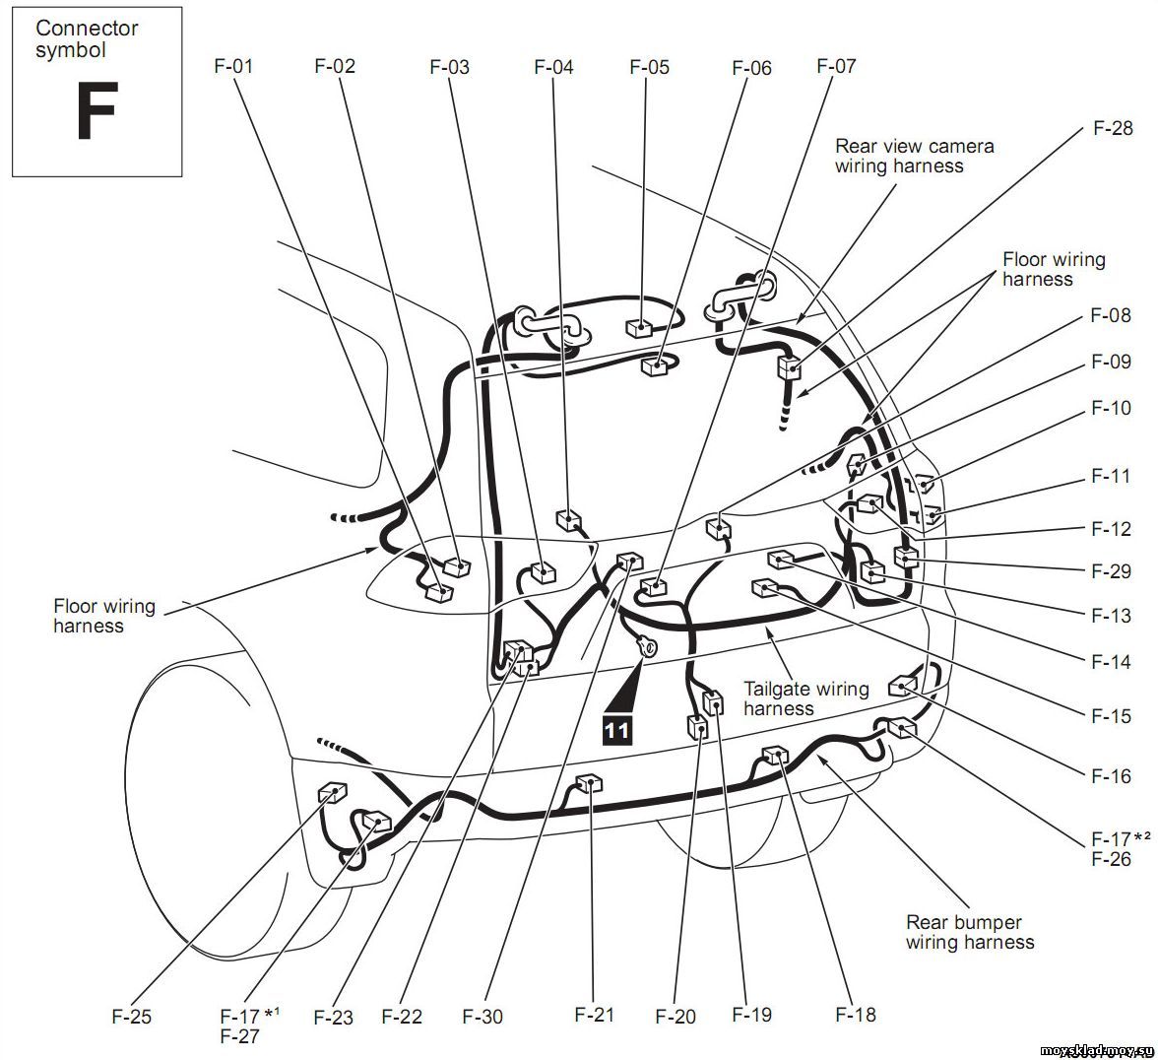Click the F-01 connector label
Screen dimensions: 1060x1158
tap(233, 67)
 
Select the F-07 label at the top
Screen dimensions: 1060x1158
tap(836, 66)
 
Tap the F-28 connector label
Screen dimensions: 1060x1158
tap(1113, 128)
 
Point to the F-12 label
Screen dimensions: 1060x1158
tap(1112, 529)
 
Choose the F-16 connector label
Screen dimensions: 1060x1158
tap(1112, 776)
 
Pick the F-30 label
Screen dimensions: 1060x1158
tap(482, 1016)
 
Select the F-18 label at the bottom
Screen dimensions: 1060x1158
tap(856, 1014)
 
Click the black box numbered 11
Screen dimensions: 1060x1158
tap(617, 729)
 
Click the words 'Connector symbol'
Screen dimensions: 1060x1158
tap(87, 38)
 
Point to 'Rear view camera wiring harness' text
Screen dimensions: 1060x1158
tap(914, 156)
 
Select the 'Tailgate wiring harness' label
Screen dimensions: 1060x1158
tap(805, 698)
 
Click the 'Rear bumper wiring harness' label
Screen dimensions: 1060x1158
tap(969, 932)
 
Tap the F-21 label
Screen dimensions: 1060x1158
tap(595, 1014)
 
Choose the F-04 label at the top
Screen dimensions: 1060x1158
tap(553, 67)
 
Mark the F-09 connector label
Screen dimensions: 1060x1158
tap(1112, 362)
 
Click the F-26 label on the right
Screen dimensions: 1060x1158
tap(1112, 859)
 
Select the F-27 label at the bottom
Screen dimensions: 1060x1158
tap(240, 1035)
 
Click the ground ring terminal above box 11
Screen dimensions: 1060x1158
tap(649, 647)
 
